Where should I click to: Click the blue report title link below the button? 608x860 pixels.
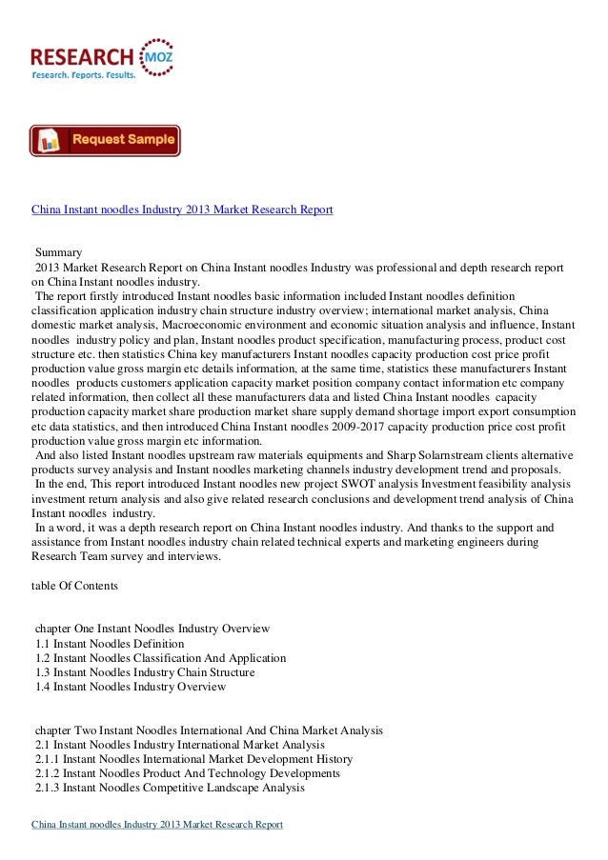[182, 208]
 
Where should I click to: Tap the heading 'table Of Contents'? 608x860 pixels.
[74, 587]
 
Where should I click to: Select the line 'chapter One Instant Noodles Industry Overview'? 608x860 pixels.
[152, 629]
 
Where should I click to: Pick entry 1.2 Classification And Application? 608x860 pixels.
[160, 658]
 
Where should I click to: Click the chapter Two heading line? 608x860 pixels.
[209, 730]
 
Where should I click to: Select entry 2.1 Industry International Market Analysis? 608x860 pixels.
[179, 744]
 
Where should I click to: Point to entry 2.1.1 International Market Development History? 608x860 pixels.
[193, 759]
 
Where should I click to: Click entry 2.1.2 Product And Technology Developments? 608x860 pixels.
[187, 773]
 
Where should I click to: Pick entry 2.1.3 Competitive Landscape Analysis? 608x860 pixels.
[169, 788]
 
